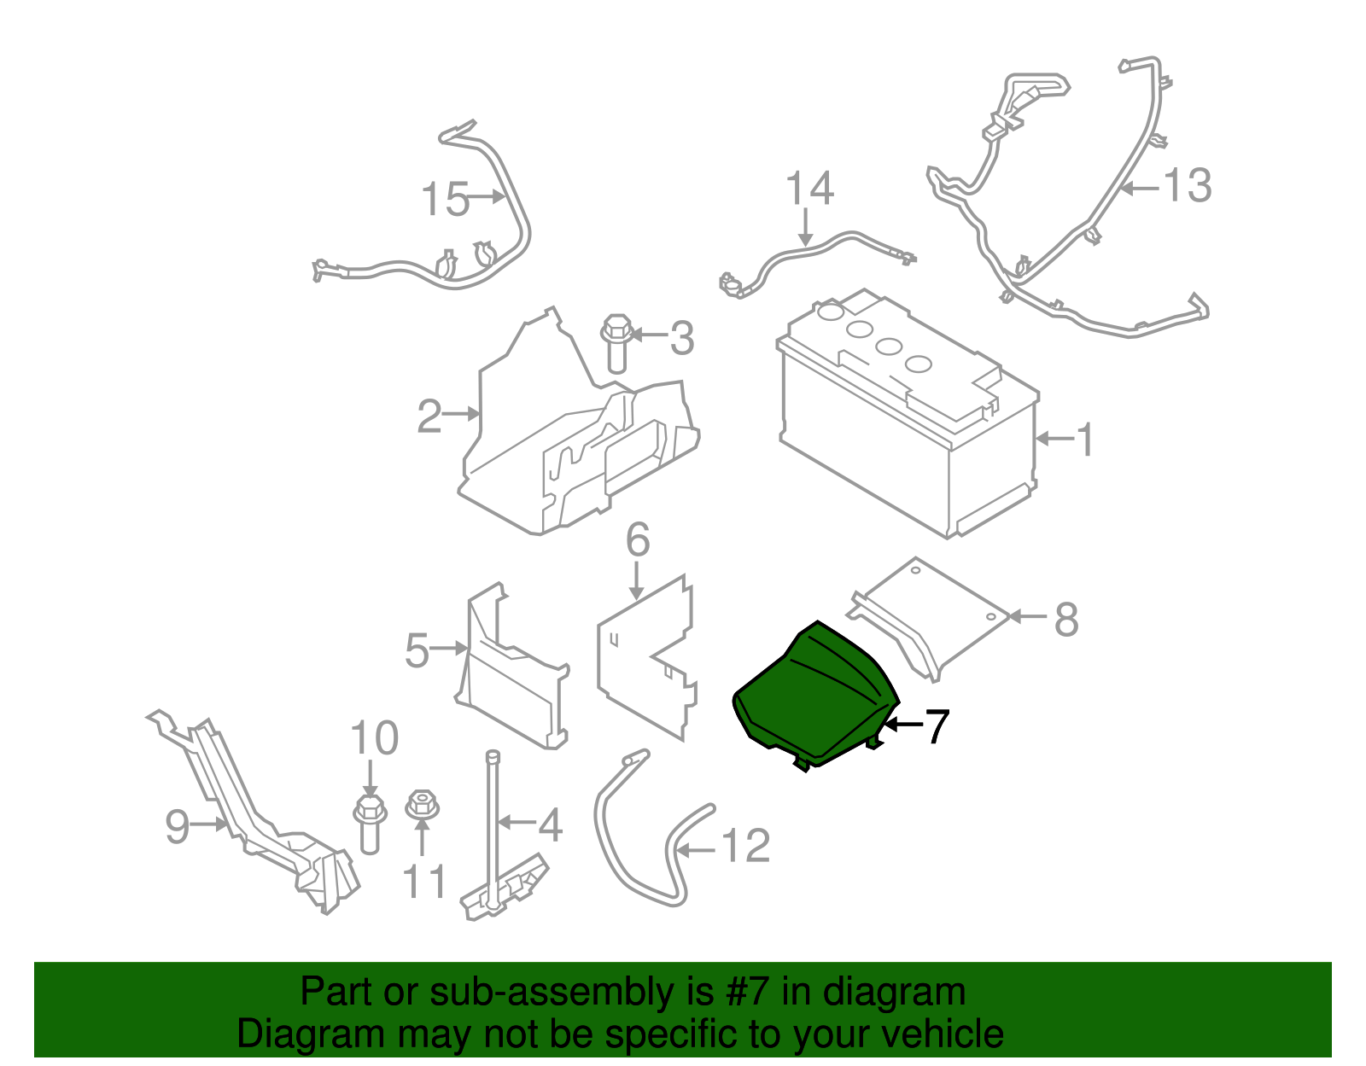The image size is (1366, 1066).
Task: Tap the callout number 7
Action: click(x=937, y=727)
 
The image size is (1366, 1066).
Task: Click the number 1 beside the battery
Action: click(x=1084, y=440)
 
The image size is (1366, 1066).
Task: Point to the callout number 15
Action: click(x=446, y=200)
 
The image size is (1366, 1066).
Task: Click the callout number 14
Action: click(x=809, y=189)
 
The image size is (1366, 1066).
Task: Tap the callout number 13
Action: click(x=1188, y=185)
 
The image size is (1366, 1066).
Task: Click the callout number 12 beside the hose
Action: click(x=746, y=847)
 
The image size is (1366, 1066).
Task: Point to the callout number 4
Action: click(x=550, y=824)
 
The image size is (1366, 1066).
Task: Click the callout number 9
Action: click(x=177, y=826)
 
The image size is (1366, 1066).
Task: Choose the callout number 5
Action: click(x=417, y=651)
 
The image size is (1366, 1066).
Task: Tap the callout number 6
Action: click(x=638, y=540)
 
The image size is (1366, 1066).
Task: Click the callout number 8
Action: click(x=1066, y=620)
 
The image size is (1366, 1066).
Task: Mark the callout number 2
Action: click(x=429, y=416)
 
